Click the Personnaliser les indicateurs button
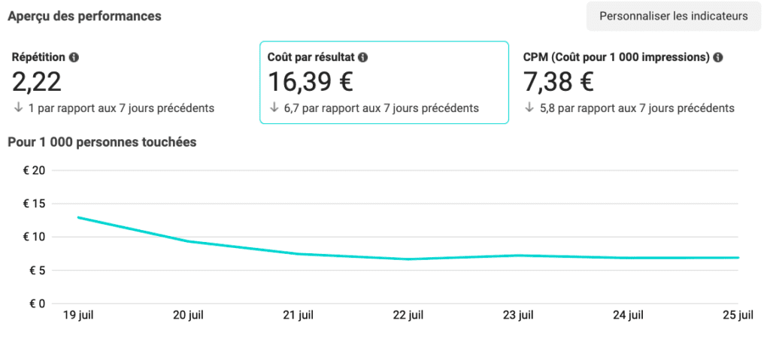coord(674,16)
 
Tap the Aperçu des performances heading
coord(84,16)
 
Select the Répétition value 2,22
coord(37,81)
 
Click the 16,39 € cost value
coord(311,81)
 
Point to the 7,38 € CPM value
coord(559,81)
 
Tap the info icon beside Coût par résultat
coord(362,57)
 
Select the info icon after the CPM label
coord(718,57)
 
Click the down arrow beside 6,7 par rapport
coord(274,107)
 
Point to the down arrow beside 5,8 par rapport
coord(529,107)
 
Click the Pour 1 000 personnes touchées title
coord(102,142)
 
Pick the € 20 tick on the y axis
coord(35,171)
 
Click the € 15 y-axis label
coord(35,204)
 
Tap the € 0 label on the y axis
coord(37,304)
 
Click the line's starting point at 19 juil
coord(78,217)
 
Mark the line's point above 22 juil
coord(408,259)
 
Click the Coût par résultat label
coord(311,57)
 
